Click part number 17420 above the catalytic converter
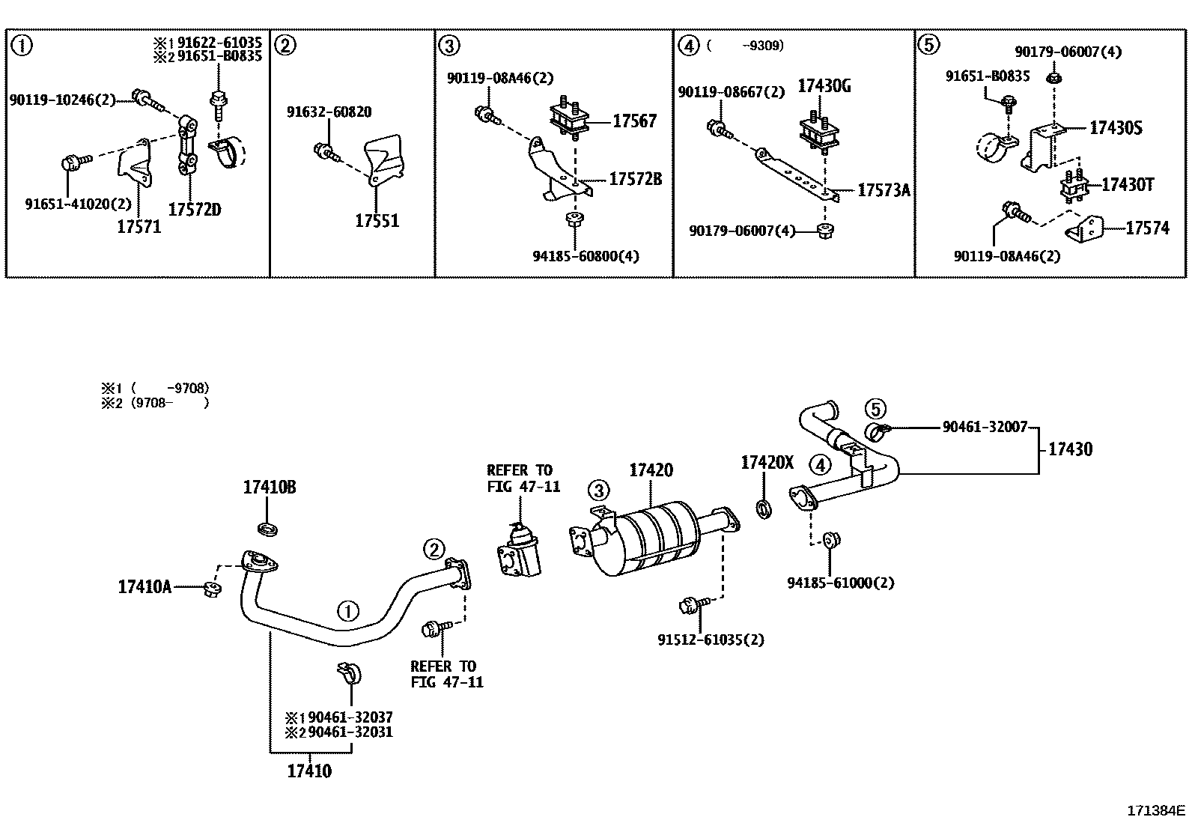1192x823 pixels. [x=651, y=470]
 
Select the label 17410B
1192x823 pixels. [x=269, y=488]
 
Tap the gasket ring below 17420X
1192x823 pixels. [x=764, y=509]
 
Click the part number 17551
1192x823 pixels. [x=377, y=221]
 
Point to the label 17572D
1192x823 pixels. [x=195, y=210]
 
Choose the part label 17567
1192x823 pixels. [x=634, y=121]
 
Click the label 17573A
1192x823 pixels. [x=884, y=190]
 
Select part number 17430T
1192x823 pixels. [x=1128, y=184]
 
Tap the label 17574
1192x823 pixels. [x=1147, y=228]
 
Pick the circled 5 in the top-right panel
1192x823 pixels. [x=928, y=46]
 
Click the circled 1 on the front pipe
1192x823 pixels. [x=348, y=613]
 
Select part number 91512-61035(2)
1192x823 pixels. [x=711, y=640]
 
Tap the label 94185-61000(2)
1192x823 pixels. [x=840, y=583]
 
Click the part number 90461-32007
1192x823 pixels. [x=985, y=427]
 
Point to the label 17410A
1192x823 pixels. [x=144, y=587]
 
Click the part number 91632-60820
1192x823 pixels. [x=329, y=112]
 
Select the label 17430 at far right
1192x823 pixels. [x=1070, y=449]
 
